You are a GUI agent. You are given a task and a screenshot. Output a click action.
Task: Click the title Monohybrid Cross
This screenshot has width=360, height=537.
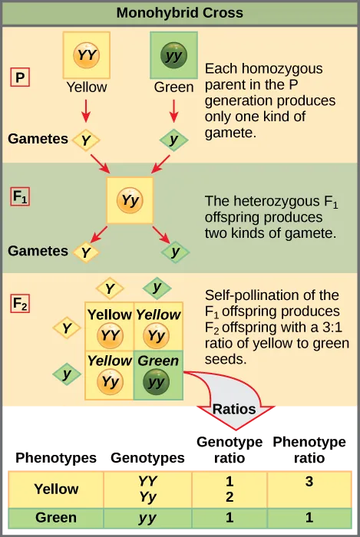180,13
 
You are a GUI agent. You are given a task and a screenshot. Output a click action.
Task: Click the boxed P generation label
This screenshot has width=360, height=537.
20,77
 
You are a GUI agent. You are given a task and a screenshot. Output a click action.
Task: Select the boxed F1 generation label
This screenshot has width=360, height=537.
21,196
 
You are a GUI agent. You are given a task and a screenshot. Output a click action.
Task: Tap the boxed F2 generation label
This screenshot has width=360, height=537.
21,303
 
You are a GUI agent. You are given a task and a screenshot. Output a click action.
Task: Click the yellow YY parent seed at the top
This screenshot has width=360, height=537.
86,54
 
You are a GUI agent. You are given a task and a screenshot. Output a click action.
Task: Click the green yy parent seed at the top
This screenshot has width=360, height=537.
173,55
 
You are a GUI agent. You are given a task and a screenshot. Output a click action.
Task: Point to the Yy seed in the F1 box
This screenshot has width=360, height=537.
130,201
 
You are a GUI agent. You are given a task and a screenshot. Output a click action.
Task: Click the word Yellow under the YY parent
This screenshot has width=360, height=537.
86,87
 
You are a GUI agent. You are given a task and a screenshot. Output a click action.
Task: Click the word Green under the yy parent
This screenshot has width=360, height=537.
173,87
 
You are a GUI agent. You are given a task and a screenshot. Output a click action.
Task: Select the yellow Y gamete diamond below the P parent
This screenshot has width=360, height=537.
86,140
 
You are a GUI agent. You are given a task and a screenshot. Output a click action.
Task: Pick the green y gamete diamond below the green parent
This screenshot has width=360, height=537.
174,140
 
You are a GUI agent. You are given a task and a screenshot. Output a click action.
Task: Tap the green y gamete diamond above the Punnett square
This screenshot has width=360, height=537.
157,288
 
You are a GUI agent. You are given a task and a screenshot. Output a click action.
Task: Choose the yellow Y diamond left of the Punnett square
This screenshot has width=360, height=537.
67,328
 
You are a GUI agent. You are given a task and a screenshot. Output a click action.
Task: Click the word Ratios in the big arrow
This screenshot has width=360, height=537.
234,409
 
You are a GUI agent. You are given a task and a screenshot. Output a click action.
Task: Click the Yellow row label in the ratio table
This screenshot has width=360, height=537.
56,489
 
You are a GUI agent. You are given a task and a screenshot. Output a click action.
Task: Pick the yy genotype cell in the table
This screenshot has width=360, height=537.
147,518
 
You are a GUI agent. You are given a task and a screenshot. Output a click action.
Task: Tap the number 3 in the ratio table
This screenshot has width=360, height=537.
309,482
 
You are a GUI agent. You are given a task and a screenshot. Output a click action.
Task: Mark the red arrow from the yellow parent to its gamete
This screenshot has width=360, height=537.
86,112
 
